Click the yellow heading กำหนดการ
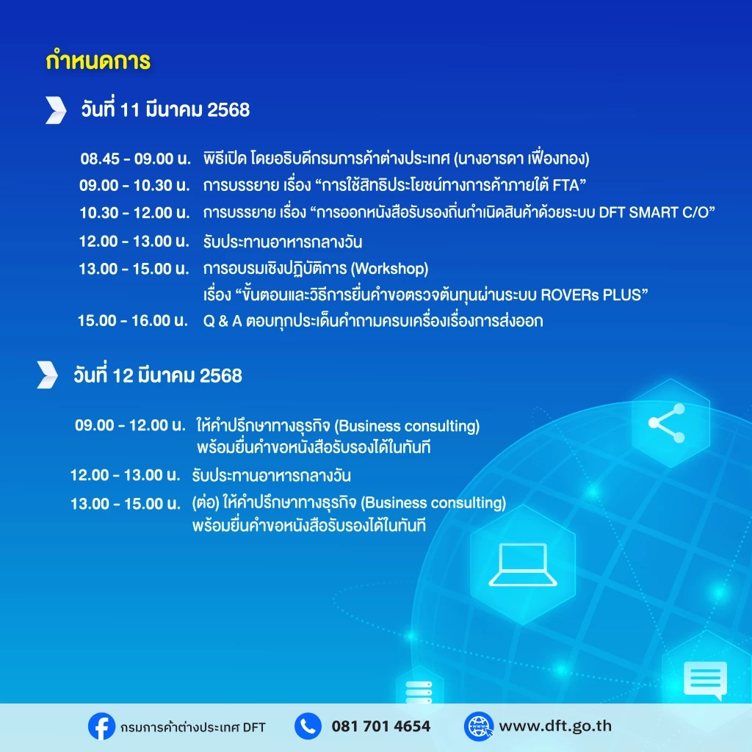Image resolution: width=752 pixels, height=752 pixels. pyautogui.click(x=98, y=61)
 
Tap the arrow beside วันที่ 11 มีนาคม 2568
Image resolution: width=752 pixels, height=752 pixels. pyautogui.click(x=55, y=109)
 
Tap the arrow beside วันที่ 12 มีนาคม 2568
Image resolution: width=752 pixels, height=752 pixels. pyautogui.click(x=47, y=375)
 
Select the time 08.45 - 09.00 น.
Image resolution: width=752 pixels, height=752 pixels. pyautogui.click(x=135, y=159)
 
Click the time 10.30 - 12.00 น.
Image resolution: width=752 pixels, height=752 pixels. pyautogui.click(x=135, y=213)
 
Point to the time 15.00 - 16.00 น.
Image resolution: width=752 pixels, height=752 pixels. pyautogui.click(x=134, y=320)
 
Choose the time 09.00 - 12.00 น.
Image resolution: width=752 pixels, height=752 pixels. pyautogui.click(x=130, y=425)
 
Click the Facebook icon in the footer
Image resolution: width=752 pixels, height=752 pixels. pyautogui.click(x=101, y=726)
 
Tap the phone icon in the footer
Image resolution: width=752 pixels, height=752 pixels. pyautogui.click(x=308, y=726)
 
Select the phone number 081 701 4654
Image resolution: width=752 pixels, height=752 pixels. pyautogui.click(x=381, y=726)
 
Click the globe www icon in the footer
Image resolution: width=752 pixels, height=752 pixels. pyautogui.click(x=478, y=726)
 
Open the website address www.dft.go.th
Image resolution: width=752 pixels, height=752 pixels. pyautogui.click(x=555, y=726)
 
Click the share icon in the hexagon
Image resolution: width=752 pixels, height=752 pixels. pyautogui.click(x=666, y=425)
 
